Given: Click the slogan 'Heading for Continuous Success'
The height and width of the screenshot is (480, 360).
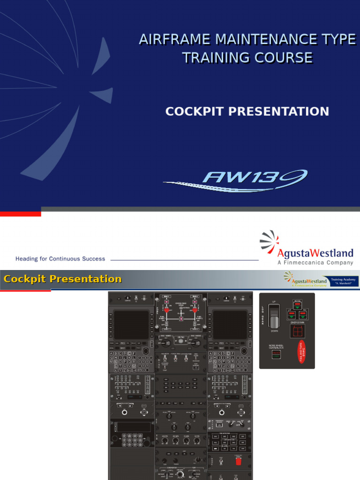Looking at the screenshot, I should (60, 258).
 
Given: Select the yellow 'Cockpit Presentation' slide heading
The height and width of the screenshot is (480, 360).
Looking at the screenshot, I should (62, 279).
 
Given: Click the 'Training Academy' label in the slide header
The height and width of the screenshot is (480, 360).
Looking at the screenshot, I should (344, 279).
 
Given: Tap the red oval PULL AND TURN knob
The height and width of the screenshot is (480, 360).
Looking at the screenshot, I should (302, 352).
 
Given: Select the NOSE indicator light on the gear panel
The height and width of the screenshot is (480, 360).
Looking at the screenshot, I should (298, 304).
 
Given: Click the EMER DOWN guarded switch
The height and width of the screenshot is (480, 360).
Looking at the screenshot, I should (297, 331).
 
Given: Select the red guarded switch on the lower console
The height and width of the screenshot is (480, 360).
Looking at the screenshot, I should (238, 462).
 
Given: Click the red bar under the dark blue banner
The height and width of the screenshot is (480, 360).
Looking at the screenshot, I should (20, 213).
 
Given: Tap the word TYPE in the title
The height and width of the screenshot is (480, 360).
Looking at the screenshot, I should (338, 39).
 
